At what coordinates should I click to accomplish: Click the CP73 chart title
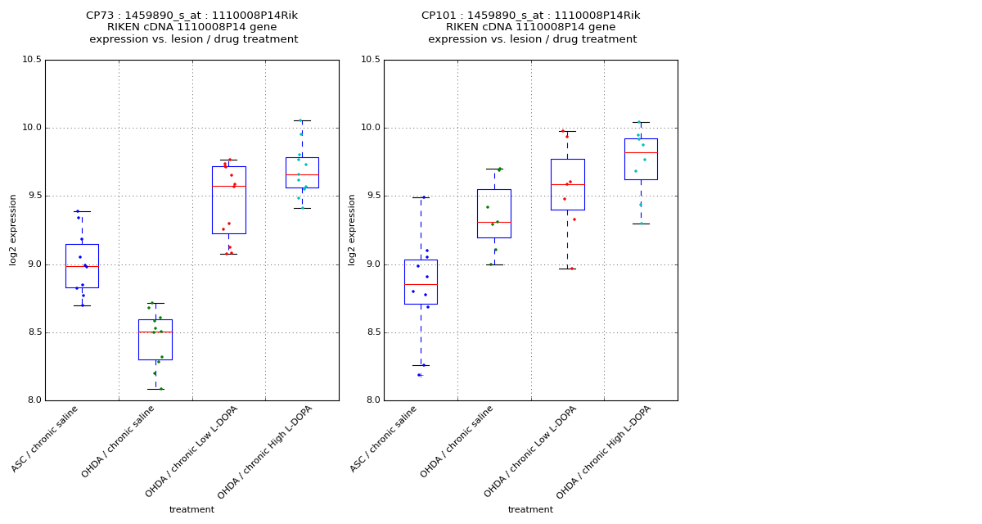[192, 27]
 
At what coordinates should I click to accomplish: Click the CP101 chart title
[531, 27]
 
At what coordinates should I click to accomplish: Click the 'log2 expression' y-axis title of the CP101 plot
[352, 230]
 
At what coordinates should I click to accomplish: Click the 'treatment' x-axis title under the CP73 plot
[191, 509]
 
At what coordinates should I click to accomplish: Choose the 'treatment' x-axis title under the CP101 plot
[530, 509]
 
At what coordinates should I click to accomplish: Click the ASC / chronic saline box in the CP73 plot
[82, 266]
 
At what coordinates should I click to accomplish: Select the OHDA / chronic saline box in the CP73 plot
[155, 340]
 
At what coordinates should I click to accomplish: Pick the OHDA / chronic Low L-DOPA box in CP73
[228, 200]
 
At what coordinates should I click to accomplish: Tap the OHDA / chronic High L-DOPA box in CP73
[302, 173]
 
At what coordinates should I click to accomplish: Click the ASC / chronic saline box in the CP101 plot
[421, 282]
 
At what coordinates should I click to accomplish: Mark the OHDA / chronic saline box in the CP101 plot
[494, 214]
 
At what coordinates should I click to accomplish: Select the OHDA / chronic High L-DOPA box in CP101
[641, 159]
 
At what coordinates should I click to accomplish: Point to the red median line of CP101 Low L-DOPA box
[567, 184]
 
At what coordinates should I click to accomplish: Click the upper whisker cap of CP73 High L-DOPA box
[302, 120]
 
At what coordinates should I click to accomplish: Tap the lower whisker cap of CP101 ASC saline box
[421, 365]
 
